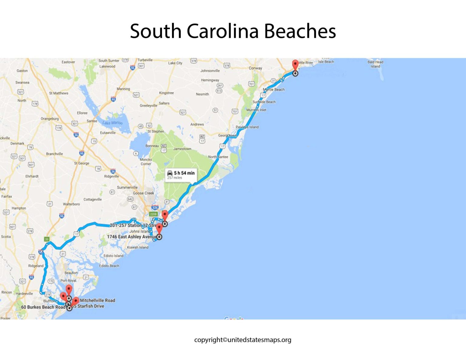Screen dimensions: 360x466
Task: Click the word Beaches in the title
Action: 300,31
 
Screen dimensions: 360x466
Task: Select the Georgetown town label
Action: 228,135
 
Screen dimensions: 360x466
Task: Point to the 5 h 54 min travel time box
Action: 181,175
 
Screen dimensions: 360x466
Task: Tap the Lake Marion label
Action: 112,123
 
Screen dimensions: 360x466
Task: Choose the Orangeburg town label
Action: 50,119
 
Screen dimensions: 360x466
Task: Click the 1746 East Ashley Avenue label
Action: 132,237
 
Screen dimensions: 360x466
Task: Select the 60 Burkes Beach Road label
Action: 43,307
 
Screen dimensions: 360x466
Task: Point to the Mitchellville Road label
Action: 97,300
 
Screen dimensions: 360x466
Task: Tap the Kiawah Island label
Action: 138,247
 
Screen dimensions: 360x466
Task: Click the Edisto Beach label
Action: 109,266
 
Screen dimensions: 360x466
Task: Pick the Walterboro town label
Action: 71,204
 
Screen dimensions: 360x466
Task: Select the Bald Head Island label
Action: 375,64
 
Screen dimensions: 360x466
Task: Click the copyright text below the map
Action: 243,340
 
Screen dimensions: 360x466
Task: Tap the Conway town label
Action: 255,68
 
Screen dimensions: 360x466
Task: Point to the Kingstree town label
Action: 166,93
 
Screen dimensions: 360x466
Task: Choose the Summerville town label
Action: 127,187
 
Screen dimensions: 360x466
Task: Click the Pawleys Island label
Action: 247,127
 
